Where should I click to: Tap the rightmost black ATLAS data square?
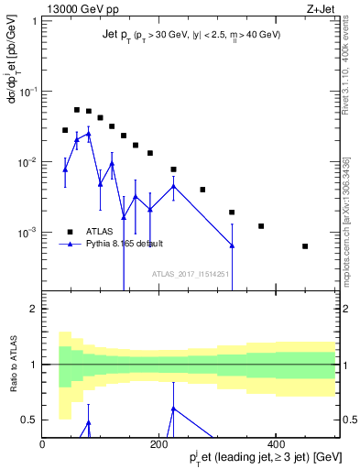[x=305, y=246]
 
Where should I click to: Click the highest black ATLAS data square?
[x=77, y=110]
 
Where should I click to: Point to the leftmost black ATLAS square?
[x=65, y=130]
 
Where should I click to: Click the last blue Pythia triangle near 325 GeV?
[x=232, y=245]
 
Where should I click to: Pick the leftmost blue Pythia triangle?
[x=65, y=169]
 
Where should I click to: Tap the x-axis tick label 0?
[x=42, y=444]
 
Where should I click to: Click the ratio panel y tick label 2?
[x=32, y=309]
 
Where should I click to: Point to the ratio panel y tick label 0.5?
[x=27, y=420]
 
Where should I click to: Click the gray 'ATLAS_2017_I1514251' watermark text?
[x=189, y=273]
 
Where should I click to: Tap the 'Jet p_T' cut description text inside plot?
[x=190, y=35]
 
